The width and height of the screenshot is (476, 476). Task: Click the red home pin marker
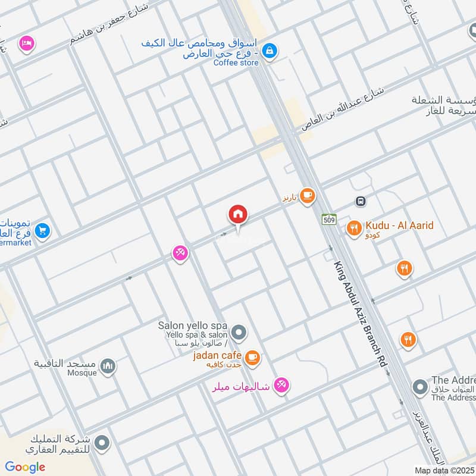pos(238,215)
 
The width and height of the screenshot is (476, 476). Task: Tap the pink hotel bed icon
pos(26,43)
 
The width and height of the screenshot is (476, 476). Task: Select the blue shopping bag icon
pos(270,51)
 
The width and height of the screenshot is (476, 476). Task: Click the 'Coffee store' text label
pos(236,63)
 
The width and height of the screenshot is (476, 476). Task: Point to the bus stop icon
pos(361,201)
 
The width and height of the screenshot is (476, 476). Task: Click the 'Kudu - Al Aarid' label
pos(399,226)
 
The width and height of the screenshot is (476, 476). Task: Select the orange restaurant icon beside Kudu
pos(354,227)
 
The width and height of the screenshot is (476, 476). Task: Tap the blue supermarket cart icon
pos(42,230)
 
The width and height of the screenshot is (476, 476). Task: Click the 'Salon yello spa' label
pos(193,325)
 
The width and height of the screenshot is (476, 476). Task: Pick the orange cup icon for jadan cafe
pos(253,356)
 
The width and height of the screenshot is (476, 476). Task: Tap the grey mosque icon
pos(108,365)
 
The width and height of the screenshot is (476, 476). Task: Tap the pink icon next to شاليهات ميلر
pos(282,386)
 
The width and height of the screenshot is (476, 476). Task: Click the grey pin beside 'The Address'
pos(420,387)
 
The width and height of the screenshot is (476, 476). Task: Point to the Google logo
pos(25,467)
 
